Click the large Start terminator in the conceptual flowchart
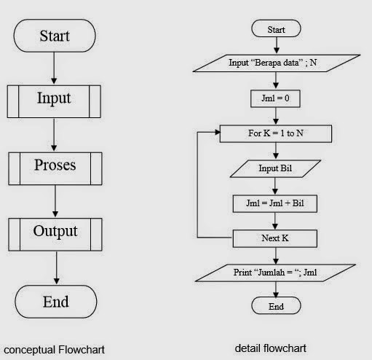coord(55,35)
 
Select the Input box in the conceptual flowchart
coord(55,98)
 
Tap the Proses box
coord(55,165)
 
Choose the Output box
coord(55,232)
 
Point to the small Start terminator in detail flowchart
coord(276,30)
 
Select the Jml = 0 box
coord(276,96)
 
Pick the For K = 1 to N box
coord(276,134)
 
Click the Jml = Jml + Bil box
coord(276,203)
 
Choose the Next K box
coord(276,238)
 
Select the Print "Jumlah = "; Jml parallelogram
coord(276,273)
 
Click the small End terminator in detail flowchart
coord(276,307)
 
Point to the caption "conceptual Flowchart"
coord(55,350)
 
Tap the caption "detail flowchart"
coord(271,349)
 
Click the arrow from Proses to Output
coord(55,199)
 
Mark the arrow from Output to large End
coord(55,267)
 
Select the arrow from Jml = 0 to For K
coord(276,115)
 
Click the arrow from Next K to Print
coord(276,256)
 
